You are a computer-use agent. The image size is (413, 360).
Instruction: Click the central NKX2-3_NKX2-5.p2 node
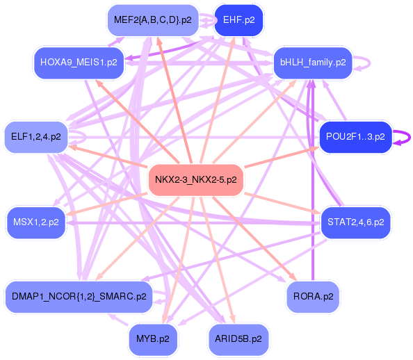point(195,179)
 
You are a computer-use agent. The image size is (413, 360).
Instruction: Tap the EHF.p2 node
point(238,20)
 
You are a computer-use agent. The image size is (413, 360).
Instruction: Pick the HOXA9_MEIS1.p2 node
point(79,63)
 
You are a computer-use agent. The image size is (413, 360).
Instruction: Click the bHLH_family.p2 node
point(313,63)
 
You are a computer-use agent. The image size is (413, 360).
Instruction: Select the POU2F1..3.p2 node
point(355,137)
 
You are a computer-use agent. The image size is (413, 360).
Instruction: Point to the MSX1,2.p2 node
point(35,223)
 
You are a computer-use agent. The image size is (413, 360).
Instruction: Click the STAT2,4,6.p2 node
point(355,223)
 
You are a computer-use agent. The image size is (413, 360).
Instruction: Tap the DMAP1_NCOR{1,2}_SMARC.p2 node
point(79,297)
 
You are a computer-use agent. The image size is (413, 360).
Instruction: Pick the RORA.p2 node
point(313,297)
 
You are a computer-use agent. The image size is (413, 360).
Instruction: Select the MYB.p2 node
point(153,339)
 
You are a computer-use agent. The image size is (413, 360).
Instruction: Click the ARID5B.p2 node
point(238,339)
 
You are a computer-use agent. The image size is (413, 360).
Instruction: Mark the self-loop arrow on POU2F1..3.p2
point(402,137)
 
